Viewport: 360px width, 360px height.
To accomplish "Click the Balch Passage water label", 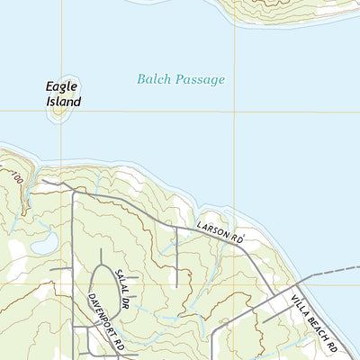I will (181, 80).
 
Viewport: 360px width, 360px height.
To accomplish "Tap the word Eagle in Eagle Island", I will (62, 86).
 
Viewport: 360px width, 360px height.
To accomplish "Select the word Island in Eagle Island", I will (64, 102).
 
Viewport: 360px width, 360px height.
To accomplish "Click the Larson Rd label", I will (220, 234).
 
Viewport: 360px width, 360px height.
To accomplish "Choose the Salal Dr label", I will (126, 289).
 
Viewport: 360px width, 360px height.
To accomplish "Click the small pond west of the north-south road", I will (43, 241).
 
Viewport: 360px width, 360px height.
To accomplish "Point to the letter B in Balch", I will (141, 80).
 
